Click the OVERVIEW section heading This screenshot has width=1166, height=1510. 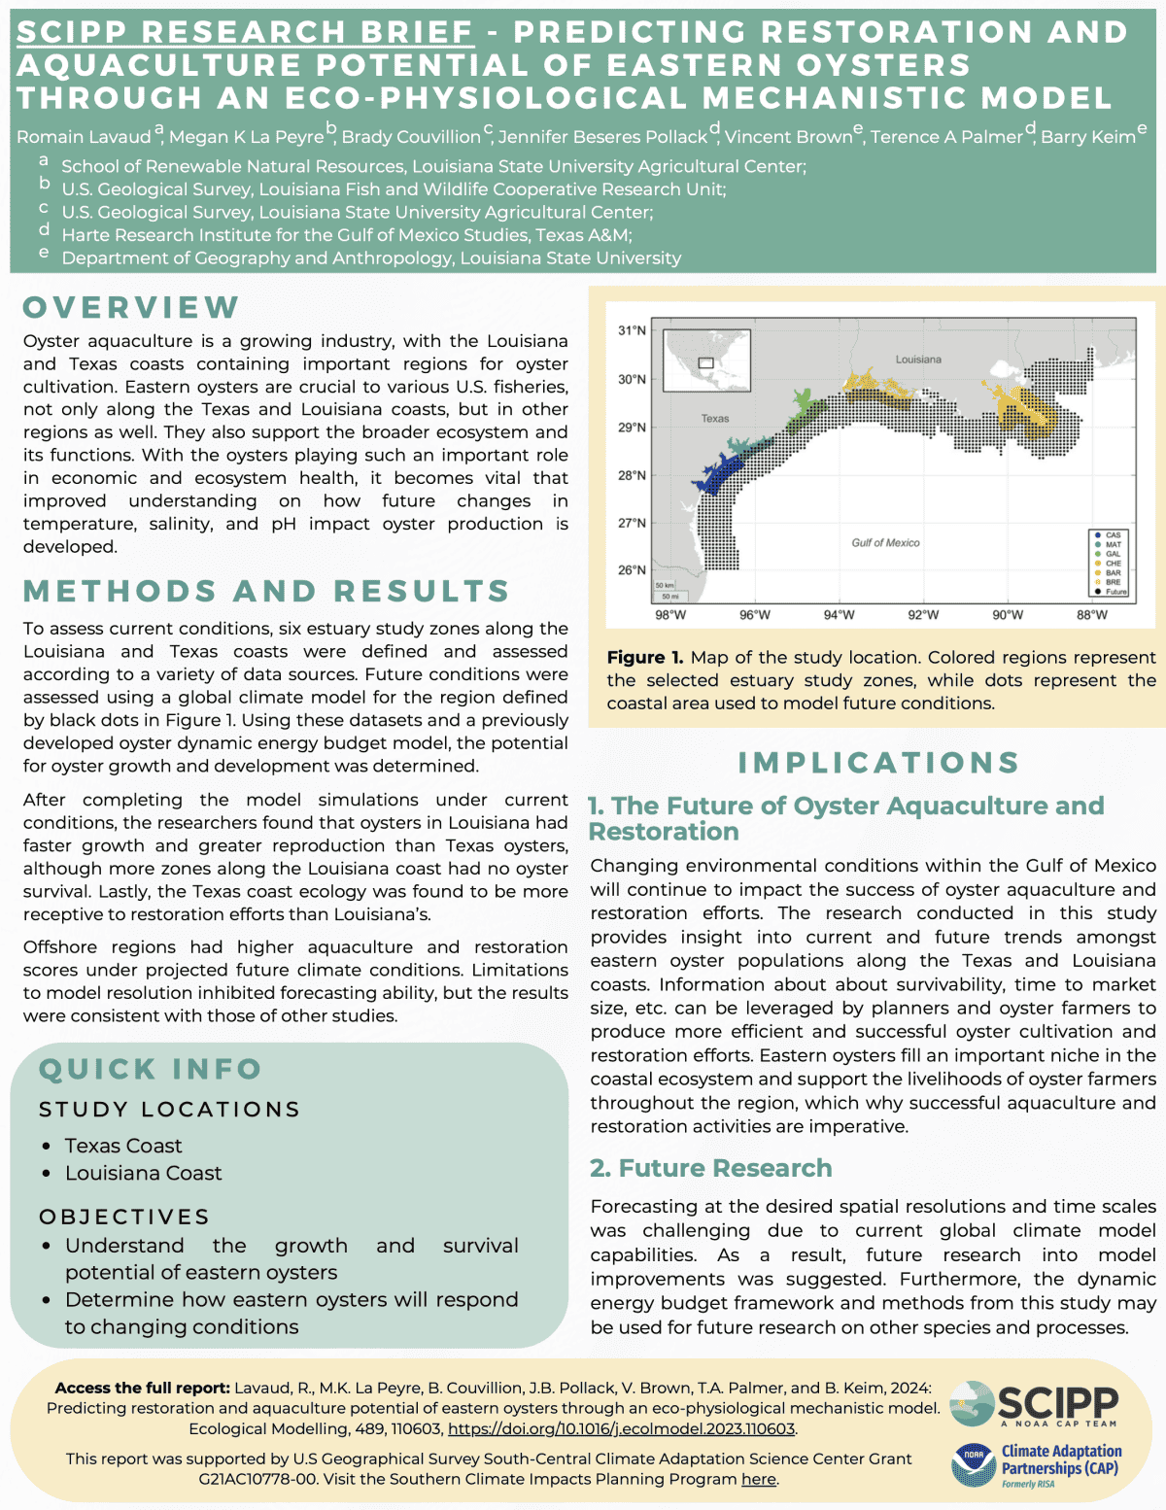(131, 307)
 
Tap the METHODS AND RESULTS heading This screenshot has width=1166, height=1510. (266, 591)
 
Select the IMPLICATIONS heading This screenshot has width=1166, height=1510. (878, 763)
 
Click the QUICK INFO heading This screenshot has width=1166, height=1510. (151, 1069)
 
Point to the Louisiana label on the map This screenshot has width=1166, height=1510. (918, 360)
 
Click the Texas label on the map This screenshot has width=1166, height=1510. (715, 419)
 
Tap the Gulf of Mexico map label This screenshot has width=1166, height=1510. (885, 543)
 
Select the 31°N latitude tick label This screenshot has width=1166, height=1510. (632, 331)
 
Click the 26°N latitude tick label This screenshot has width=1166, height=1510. (632, 570)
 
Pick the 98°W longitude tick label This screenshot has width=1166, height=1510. (670, 615)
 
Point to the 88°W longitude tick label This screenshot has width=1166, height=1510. (1092, 615)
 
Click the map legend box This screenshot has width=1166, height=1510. (1109, 563)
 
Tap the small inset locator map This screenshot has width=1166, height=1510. (704, 360)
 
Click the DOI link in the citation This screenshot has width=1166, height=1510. (621, 1428)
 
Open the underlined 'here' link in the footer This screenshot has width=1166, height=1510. (759, 1479)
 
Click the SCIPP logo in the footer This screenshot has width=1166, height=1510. (1035, 1404)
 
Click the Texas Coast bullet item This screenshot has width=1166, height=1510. (123, 1146)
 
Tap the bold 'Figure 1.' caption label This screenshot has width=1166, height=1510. (645, 658)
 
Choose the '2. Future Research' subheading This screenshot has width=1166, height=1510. (711, 1168)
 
